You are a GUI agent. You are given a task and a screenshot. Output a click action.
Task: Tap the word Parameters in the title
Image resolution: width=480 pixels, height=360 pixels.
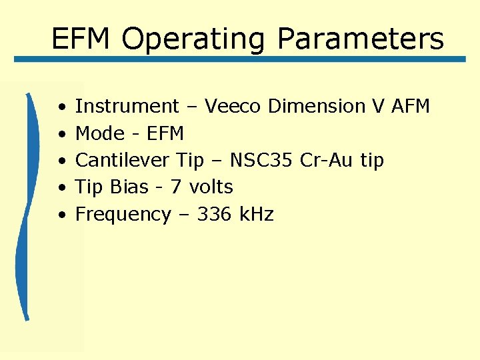(360, 39)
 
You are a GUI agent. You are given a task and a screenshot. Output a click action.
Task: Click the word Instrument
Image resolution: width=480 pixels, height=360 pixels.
(127, 107)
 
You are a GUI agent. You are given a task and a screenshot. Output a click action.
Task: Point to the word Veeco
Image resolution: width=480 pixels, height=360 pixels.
(232, 107)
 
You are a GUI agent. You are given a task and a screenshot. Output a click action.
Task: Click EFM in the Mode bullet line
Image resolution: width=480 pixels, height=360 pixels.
(163, 134)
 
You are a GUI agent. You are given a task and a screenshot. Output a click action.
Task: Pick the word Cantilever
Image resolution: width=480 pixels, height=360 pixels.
(123, 161)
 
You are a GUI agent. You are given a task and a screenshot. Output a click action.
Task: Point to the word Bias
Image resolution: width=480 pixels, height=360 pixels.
(130, 187)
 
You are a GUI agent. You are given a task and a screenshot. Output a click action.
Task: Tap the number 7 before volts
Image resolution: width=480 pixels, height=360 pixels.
(176, 187)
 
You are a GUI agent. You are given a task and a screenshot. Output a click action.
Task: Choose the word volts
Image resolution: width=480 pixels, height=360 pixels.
(211, 187)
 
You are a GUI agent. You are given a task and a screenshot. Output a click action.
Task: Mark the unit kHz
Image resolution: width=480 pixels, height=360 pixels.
(257, 215)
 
